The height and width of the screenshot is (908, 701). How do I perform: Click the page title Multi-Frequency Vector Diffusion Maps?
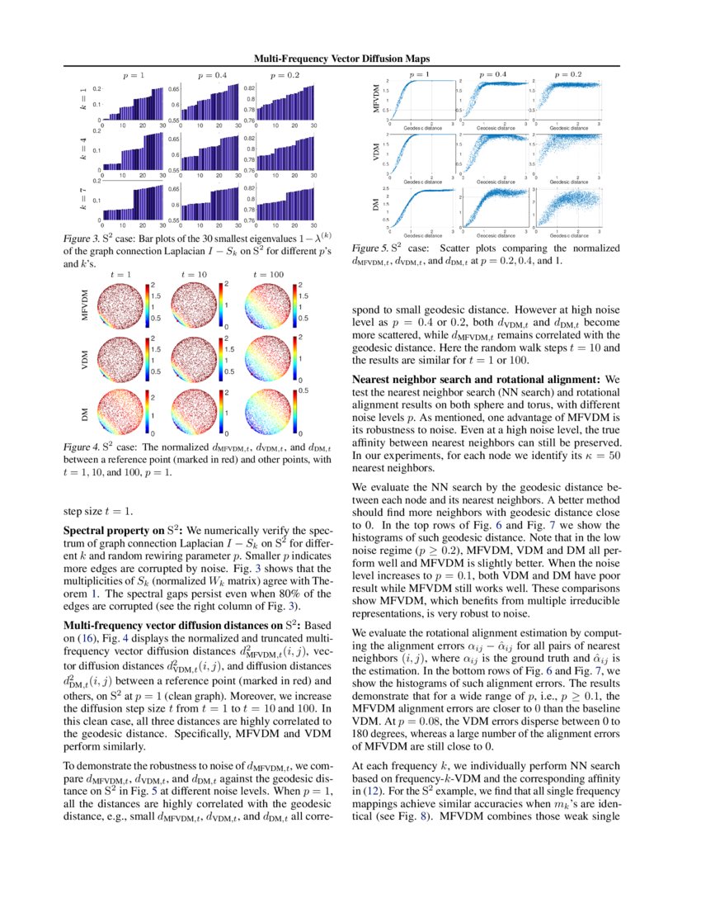[x=350, y=59]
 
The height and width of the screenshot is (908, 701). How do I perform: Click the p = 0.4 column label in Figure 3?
[x=212, y=75]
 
